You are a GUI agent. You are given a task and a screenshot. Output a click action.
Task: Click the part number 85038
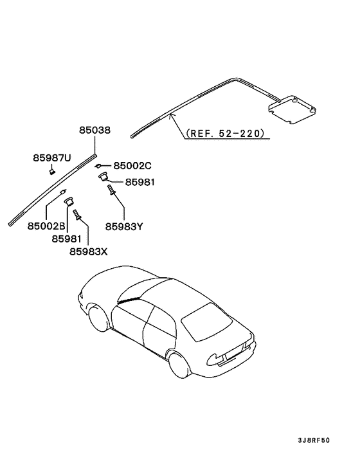(x=95, y=130)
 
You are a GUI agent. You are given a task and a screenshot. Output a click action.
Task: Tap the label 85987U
(x=52, y=158)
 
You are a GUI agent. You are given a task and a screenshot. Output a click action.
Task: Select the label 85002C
(x=132, y=166)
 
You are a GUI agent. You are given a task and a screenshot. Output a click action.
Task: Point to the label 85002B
(x=46, y=226)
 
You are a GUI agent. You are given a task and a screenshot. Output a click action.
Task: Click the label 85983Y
(x=124, y=226)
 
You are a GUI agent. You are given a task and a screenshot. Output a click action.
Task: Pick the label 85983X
(x=88, y=251)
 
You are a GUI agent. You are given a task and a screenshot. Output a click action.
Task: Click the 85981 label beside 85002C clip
(x=139, y=182)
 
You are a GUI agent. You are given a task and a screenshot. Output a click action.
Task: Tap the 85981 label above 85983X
(x=67, y=239)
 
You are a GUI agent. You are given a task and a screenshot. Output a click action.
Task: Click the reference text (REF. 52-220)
(x=226, y=133)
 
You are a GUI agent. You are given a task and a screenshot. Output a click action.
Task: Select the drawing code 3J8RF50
(x=314, y=440)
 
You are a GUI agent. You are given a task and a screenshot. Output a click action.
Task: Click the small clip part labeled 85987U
(x=52, y=172)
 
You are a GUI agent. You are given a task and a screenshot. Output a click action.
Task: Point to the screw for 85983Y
(x=111, y=190)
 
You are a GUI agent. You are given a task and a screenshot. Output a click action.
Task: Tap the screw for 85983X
(x=76, y=215)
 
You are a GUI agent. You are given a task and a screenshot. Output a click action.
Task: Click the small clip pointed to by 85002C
(x=98, y=166)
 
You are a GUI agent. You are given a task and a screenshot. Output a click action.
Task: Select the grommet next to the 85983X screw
(x=69, y=201)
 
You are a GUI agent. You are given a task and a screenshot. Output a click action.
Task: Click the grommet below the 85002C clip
(x=103, y=176)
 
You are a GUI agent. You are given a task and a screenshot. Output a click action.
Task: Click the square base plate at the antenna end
(x=292, y=109)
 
